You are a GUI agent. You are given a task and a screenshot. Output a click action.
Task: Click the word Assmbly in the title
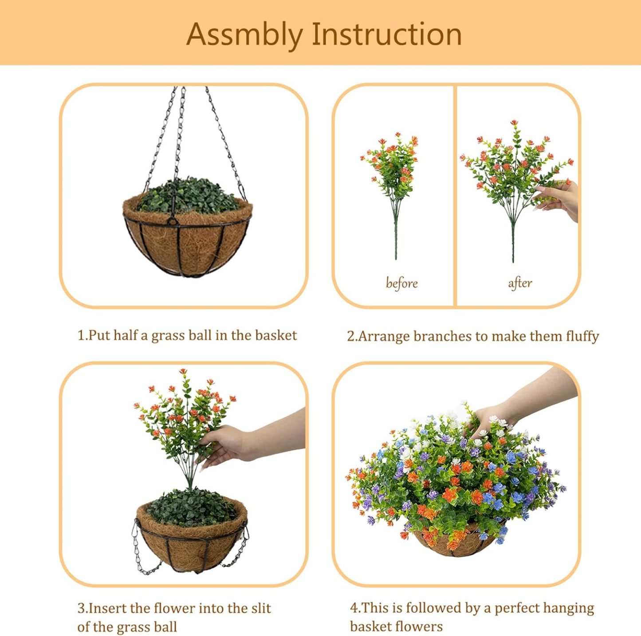tap(244, 35)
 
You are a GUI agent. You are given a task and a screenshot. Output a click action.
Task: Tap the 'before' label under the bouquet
tap(401, 283)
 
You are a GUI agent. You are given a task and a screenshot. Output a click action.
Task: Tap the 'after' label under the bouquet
tap(520, 283)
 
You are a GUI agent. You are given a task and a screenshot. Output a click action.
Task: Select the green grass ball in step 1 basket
tap(189, 195)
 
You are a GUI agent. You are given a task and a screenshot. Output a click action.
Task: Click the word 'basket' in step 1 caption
tap(275, 335)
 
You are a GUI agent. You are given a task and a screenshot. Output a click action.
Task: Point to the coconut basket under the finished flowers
tap(457, 543)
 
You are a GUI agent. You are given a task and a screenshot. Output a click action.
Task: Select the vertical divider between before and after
tap(455, 195)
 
